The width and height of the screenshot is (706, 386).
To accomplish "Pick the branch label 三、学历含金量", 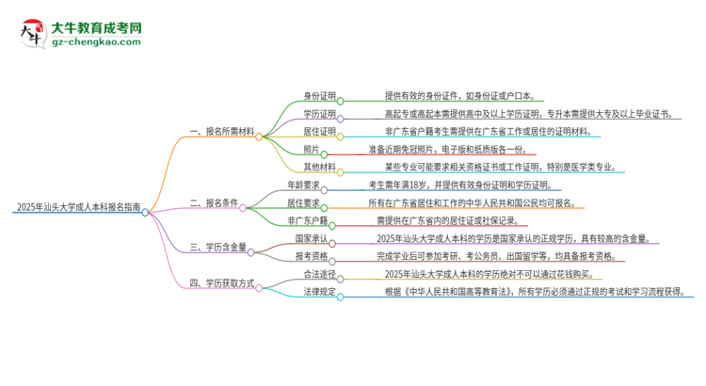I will pos(217,248).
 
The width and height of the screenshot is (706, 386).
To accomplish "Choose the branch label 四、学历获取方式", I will pos(222,282).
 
